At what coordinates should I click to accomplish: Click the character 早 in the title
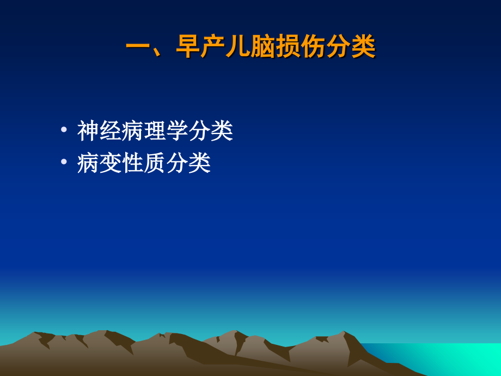tap(188, 48)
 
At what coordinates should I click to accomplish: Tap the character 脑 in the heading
tap(263, 48)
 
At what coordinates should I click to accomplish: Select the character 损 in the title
tap(288, 48)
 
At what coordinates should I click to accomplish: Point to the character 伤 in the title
tap(313, 48)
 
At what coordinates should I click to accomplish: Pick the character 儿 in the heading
tap(238, 48)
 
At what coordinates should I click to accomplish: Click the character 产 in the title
tap(213, 48)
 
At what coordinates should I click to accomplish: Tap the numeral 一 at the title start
tap(138, 48)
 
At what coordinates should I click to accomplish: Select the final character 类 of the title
tap(363, 48)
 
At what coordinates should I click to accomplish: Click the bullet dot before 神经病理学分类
tap(64, 130)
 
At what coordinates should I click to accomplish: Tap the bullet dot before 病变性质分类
tap(64, 162)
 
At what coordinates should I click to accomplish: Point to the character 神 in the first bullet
tap(88, 131)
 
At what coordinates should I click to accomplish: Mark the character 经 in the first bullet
tap(111, 131)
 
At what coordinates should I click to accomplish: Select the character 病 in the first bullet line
tap(133, 131)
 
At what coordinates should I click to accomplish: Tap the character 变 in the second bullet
tap(111, 162)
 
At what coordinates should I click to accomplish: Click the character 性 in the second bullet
tap(133, 162)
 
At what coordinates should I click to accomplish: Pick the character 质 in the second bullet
tap(155, 162)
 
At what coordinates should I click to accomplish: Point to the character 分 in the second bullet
tap(178, 162)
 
